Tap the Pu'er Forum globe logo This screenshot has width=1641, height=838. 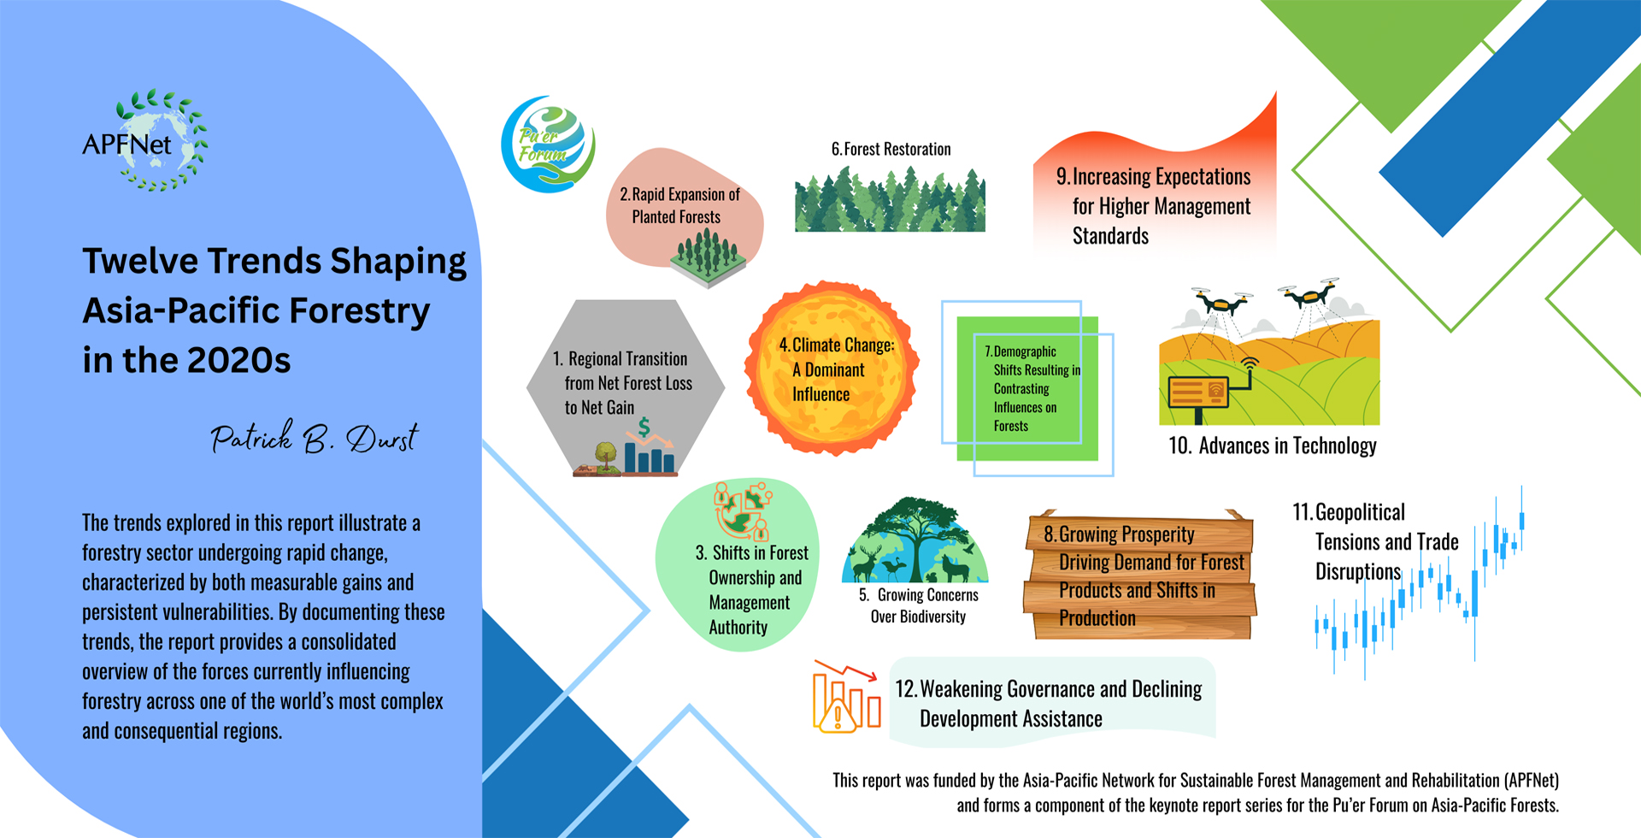pos(548,144)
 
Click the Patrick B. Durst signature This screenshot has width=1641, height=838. pos(315,437)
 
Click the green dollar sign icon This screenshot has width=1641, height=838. pos(644,427)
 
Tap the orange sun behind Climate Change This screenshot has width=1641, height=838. pos(832,368)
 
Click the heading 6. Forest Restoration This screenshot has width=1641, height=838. pos(891,149)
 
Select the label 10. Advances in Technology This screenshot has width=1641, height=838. pos(1272,446)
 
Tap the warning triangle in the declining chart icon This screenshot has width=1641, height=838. pos(838,716)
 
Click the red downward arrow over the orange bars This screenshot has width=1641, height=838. pos(846,670)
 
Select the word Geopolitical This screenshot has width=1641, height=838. pos(1360,512)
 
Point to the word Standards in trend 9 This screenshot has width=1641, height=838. pos(1110,236)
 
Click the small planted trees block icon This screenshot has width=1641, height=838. pos(708,257)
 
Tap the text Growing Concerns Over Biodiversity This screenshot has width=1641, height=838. pos(919,605)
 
